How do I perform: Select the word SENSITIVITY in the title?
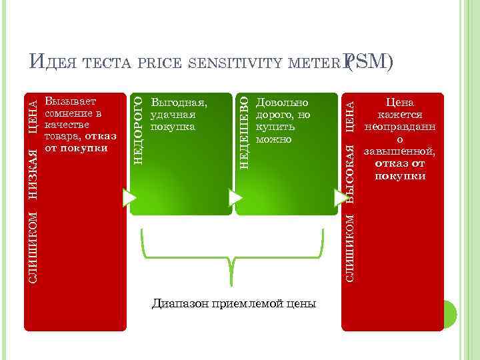point(226,63)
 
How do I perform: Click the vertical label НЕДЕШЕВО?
point(244,132)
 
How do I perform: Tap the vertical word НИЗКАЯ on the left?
point(32,166)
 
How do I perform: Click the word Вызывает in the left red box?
point(70,102)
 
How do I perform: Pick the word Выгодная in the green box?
point(179,103)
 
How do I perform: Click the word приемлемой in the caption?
point(246,304)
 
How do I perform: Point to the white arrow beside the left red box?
point(129,197)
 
